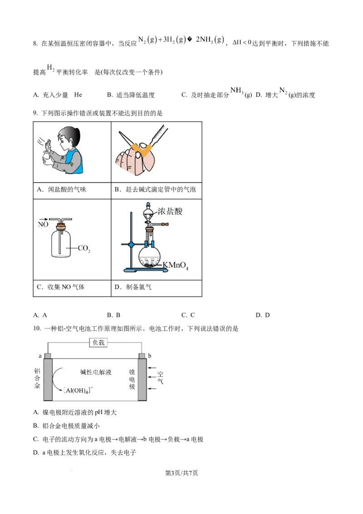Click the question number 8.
point(35,44)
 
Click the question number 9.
point(35,114)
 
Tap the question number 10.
point(37,328)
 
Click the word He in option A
point(78,95)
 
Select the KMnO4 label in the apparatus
point(176,265)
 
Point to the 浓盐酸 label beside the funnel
point(170,211)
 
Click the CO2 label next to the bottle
point(84,248)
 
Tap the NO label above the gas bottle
point(43,225)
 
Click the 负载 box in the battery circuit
point(98,342)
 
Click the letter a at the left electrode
point(40,356)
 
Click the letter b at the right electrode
point(150,356)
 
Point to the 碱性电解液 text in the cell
point(96,372)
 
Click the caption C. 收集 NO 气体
point(61,287)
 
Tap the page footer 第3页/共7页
point(181,473)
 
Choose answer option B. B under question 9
point(114,315)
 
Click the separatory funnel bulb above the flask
point(148,215)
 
